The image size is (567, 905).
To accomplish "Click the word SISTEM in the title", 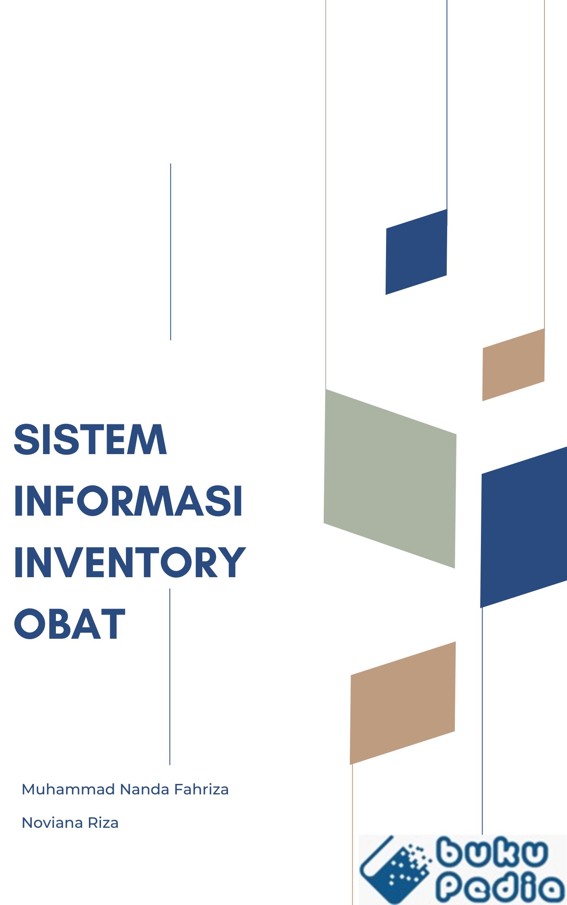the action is [90, 439].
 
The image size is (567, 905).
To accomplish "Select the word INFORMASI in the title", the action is [128, 501].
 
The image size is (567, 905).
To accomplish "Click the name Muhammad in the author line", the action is [68, 790].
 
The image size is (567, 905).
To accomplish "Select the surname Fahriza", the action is [201, 790].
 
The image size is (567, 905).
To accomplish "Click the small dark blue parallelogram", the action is [416, 252].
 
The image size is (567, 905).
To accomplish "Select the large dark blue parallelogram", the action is [524, 527].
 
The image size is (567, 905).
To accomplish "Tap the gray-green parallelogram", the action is [390, 479].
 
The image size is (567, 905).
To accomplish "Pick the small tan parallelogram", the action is [514, 364].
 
